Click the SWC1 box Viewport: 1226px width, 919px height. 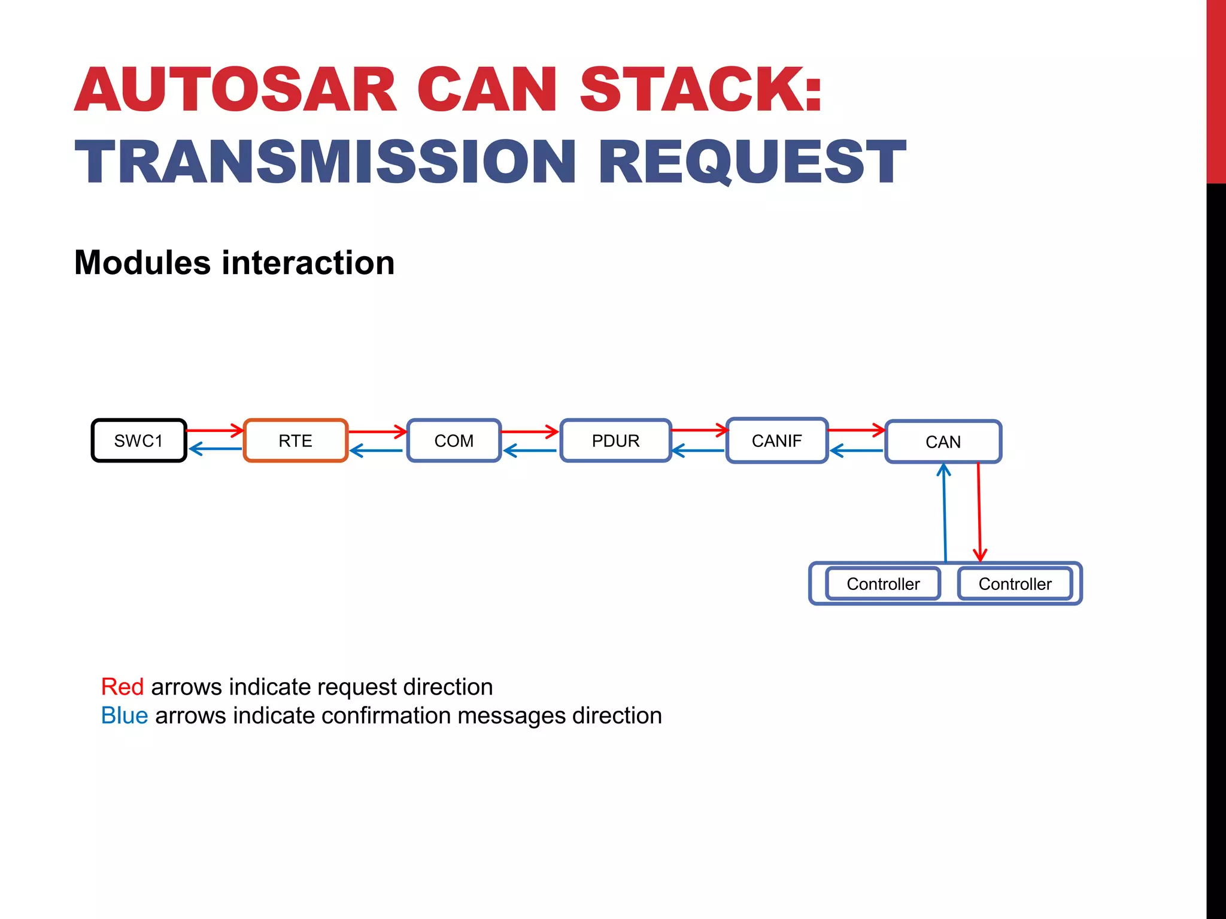pos(139,441)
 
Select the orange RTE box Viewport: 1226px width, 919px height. pos(296,441)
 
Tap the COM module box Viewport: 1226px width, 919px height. pos(454,441)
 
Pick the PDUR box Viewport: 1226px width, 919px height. pos(615,441)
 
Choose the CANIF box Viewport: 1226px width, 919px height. pos(776,441)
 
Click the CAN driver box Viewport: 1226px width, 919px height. pos(943,442)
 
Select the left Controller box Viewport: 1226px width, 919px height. pos(883,584)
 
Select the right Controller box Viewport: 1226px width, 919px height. pos(1015,584)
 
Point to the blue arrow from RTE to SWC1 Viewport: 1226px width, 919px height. pos(216,449)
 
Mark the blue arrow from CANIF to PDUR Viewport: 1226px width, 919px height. pos(698,451)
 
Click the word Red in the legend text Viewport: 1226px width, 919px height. pos(122,687)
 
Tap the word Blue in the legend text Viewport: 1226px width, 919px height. pos(125,716)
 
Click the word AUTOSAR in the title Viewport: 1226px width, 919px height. pos(236,90)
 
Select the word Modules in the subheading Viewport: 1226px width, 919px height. pos(142,263)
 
